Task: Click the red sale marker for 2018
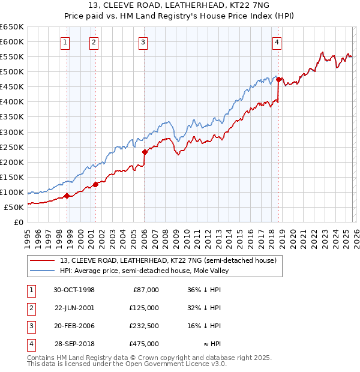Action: coord(279,79)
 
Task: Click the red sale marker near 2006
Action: coord(145,152)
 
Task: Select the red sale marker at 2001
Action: coord(95,184)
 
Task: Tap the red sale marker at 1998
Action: coord(67,196)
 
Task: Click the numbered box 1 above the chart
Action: coord(65,42)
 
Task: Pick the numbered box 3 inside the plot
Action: coord(143,42)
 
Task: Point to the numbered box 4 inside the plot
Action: coord(277,42)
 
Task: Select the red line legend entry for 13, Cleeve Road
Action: coord(168,260)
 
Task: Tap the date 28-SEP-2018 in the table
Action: coord(74,344)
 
